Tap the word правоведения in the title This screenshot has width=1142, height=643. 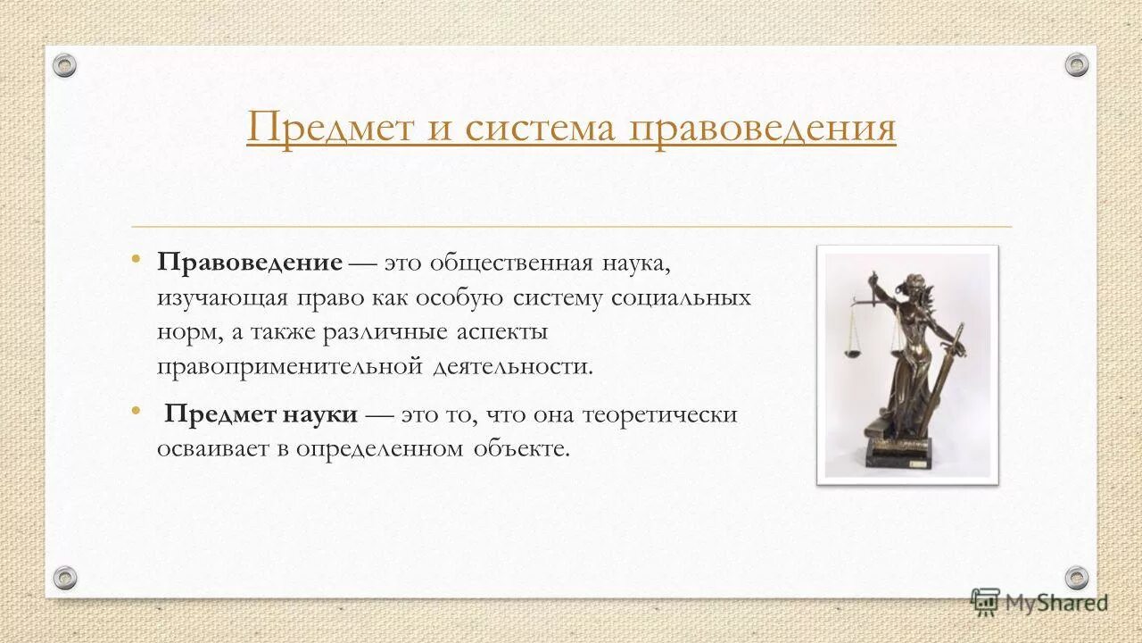[x=763, y=128]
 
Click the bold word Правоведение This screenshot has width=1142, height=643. [x=250, y=263]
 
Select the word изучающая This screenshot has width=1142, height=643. [x=211, y=297]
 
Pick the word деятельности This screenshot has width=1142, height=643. [x=512, y=367]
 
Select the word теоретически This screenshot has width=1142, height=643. [x=660, y=414]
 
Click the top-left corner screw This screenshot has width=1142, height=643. [x=64, y=65]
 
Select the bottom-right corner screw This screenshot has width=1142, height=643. [x=1077, y=578]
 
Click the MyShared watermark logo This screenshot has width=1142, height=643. [x=1039, y=602]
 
